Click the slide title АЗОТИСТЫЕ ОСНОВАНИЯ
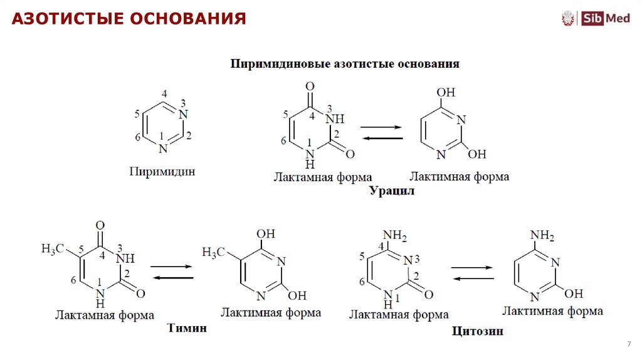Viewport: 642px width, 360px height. (129, 19)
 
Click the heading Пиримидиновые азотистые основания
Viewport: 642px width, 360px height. (345, 64)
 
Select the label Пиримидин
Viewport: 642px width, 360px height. (162, 171)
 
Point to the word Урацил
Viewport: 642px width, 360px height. (392, 191)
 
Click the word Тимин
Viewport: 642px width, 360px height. (187, 328)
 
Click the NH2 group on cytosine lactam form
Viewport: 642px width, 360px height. (395, 235)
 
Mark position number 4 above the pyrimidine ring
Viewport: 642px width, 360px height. (164, 94)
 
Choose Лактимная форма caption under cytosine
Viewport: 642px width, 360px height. (553, 310)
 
